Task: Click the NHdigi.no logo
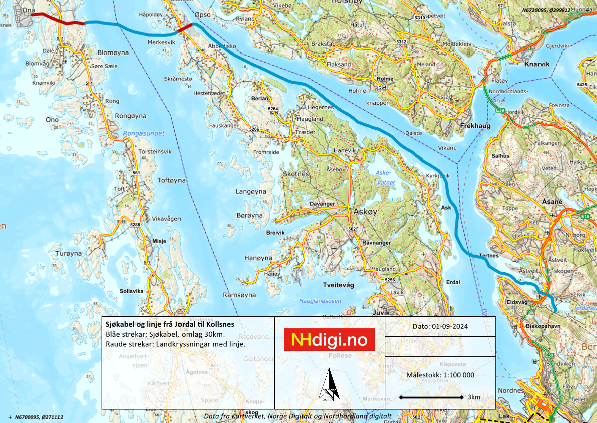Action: coord(330,340)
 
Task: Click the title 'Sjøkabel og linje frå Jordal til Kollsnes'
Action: coord(170,324)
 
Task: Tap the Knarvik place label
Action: coord(536,64)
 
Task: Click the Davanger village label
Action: coord(322,204)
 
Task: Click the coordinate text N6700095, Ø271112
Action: coord(39,417)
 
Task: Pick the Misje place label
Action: coord(159,241)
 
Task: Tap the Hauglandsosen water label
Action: coord(320,301)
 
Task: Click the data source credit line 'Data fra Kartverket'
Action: coord(297,416)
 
